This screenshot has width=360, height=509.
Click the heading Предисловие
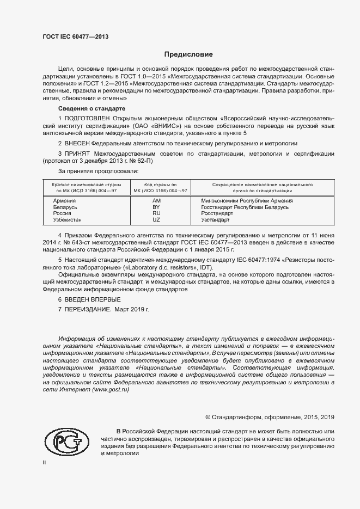tap(188, 54)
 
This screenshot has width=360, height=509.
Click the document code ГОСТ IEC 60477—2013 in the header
tap(75, 36)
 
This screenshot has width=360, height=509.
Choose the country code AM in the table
tap(156, 200)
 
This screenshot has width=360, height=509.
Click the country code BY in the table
tap(156, 207)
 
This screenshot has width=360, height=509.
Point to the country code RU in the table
tap(156, 213)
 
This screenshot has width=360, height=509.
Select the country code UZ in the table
tap(156, 220)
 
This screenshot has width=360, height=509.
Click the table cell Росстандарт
tap(217, 213)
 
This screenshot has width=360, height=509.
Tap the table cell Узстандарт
tap(216, 220)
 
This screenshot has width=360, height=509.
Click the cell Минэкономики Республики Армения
tap(247, 200)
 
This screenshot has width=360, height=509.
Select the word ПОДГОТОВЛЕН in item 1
tap(87, 118)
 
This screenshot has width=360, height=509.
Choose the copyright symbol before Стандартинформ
tap(208, 417)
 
